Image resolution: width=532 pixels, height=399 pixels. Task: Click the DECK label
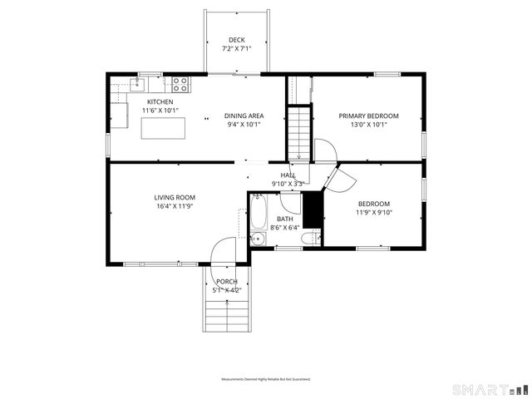tap(237, 40)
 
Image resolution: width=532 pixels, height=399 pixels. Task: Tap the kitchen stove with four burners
tap(180, 83)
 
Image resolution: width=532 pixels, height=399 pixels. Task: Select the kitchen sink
tap(138, 84)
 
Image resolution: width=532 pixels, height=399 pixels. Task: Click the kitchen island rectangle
tap(163, 128)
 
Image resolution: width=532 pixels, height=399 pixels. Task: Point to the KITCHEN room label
tap(160, 102)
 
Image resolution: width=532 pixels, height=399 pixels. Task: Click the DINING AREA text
tap(244, 116)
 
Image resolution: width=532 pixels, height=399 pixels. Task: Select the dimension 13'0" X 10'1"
tap(368, 125)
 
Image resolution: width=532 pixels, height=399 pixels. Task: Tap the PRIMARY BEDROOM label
tap(368, 116)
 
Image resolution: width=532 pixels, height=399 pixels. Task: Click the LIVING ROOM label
tap(174, 197)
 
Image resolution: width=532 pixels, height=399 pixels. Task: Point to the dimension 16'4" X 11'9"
tap(174, 206)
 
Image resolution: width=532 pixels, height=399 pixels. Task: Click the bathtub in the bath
tap(258, 214)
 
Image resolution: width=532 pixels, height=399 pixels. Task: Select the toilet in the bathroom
tap(308, 239)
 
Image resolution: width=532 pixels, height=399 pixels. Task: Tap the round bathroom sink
tap(257, 239)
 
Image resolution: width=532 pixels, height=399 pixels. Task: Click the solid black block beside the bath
tap(313, 209)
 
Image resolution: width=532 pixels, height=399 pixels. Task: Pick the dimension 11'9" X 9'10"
tap(373, 213)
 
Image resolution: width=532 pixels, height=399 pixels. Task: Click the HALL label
tap(288, 175)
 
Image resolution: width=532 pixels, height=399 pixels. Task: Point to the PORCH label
tap(226, 282)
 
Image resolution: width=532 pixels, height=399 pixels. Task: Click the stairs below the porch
tap(226, 315)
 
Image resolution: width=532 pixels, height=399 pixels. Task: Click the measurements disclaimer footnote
tap(266, 380)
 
